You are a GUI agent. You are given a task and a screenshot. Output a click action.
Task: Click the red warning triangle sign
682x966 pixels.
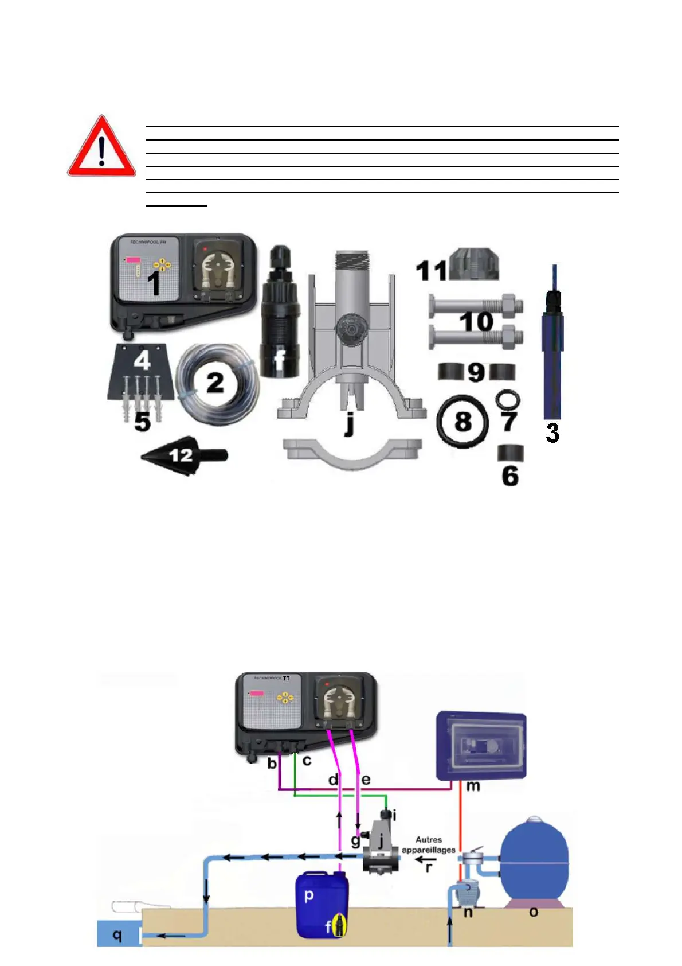pyautogui.click(x=101, y=147)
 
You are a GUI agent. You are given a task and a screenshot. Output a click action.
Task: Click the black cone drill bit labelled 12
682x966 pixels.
pyautogui.click(x=183, y=455)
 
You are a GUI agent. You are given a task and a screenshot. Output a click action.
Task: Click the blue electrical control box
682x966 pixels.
pyautogui.click(x=481, y=746)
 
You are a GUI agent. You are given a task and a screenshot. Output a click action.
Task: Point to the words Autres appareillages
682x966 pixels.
pyautogui.click(x=429, y=844)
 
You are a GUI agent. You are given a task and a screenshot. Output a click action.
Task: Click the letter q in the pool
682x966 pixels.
pyautogui.click(x=117, y=935)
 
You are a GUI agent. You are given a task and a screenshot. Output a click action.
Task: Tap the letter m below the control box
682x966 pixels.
pyautogui.click(x=473, y=786)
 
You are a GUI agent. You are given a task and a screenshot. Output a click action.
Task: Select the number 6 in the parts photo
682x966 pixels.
pyautogui.click(x=510, y=476)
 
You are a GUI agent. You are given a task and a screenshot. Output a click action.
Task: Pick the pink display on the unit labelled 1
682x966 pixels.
pyautogui.click(x=134, y=260)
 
